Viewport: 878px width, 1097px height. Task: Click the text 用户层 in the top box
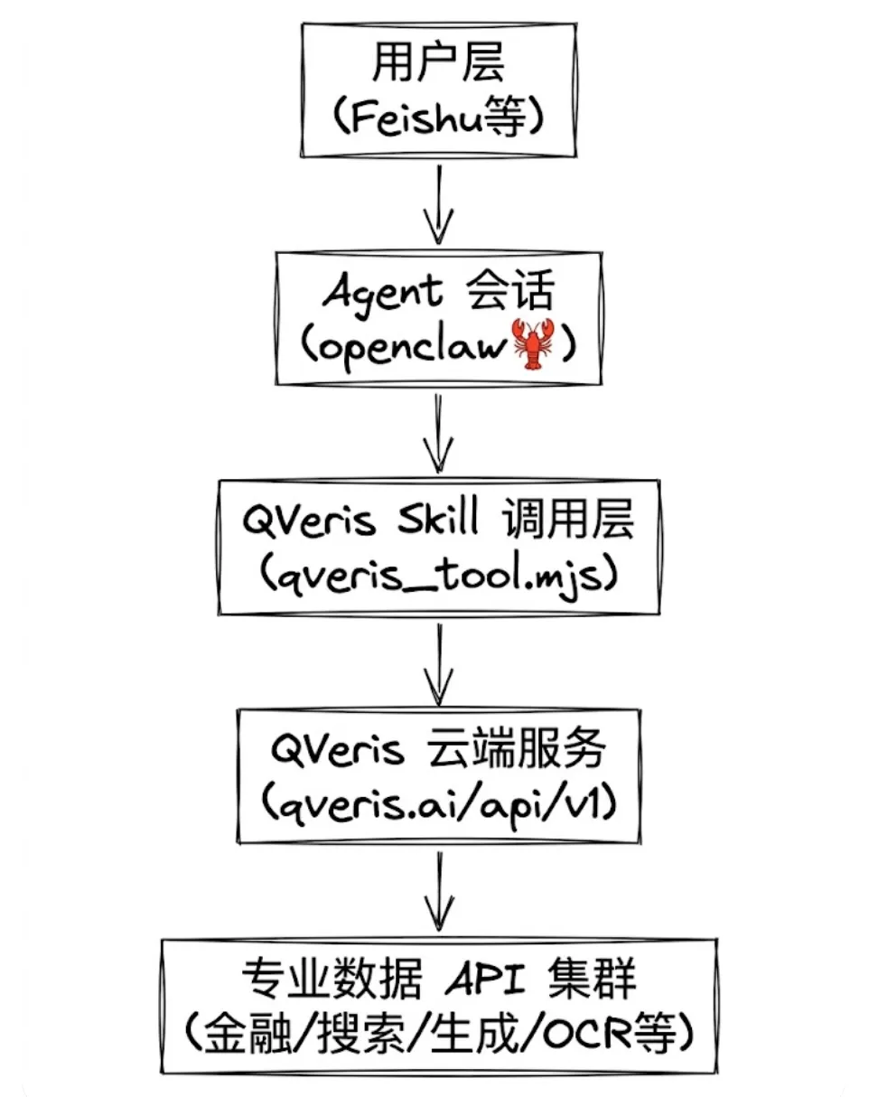coord(438,67)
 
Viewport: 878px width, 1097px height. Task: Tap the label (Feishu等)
coord(439,117)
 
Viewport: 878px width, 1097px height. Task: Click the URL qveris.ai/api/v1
coord(439,803)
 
